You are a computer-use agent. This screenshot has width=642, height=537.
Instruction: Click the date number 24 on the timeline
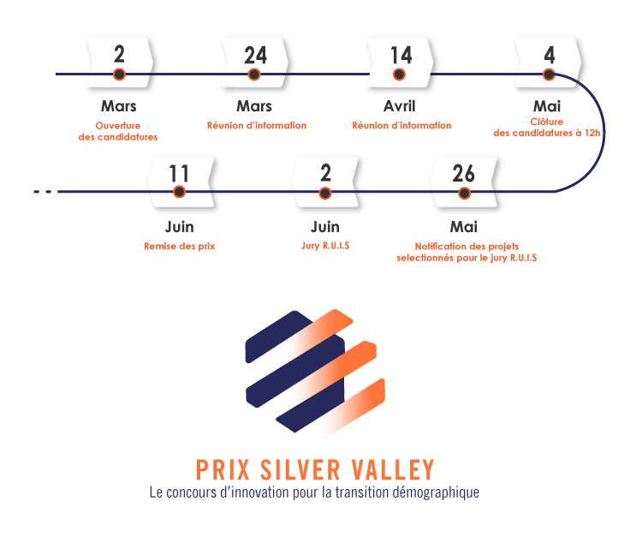pos(255,56)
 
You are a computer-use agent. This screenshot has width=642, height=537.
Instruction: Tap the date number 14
pos(401,56)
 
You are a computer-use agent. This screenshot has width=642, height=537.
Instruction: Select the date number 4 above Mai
pos(549,56)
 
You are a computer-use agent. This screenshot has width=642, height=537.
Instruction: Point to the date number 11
pos(179,175)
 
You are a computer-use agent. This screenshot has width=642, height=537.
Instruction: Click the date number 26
pos(464,175)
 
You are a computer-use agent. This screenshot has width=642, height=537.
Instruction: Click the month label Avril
pos(400,106)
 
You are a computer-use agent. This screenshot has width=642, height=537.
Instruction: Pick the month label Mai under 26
pos(463,227)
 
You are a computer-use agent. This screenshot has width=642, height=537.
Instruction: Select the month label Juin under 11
pos(179,227)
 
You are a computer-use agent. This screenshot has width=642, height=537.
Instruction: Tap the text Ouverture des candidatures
pos(118,131)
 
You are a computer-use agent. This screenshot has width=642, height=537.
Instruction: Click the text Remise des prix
pos(179,247)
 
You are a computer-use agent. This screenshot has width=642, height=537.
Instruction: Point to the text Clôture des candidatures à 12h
pos(548,127)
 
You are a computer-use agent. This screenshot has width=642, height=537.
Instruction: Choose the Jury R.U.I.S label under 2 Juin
pos(325,247)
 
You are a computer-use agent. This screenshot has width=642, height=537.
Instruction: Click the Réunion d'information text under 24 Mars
pos(256,126)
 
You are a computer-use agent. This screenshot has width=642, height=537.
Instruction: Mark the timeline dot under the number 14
pos(399,75)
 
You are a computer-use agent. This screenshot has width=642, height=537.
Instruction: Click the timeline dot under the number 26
pos(464,194)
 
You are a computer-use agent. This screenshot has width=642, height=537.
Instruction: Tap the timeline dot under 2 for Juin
pos(325,194)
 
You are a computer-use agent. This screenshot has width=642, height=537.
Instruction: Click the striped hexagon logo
pos(315,375)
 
